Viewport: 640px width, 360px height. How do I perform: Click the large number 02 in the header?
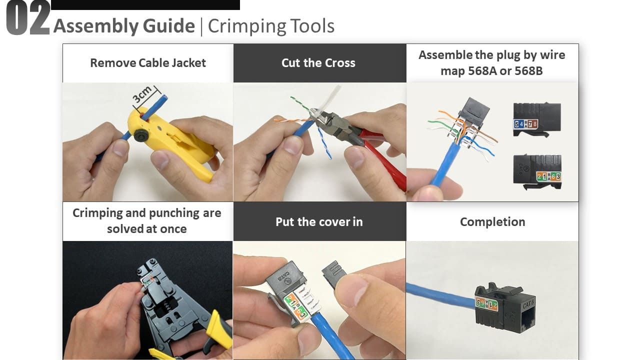(x=28, y=18)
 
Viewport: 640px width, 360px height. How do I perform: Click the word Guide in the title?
(x=169, y=25)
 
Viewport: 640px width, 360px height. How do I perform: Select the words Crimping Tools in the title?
(x=271, y=26)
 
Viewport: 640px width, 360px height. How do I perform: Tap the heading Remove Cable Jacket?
(x=148, y=63)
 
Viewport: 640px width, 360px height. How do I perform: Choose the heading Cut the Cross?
(x=318, y=63)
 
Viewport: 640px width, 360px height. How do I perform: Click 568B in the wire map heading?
(x=528, y=71)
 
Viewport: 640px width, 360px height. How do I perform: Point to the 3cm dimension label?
(x=142, y=94)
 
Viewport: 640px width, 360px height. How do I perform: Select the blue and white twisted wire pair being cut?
(x=324, y=143)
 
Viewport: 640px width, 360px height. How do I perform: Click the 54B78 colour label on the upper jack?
(x=525, y=124)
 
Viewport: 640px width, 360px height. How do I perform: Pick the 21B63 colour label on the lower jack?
(x=548, y=176)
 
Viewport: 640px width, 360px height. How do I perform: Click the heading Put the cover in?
(x=319, y=222)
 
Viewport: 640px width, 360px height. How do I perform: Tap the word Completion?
(x=492, y=222)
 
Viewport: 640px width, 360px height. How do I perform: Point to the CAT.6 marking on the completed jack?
(x=528, y=304)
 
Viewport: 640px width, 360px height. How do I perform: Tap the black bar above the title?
(x=145, y=5)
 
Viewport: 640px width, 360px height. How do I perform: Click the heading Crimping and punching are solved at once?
(x=147, y=221)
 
